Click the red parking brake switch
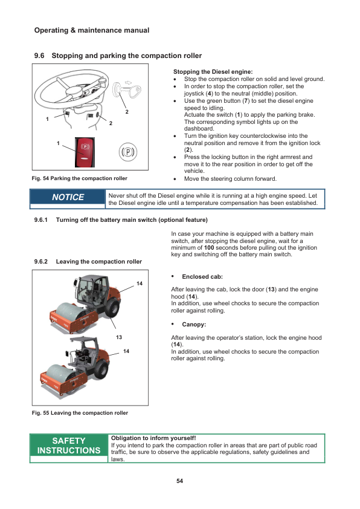[x=85, y=152]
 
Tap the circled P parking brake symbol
[x=128, y=152]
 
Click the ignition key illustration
[x=127, y=90]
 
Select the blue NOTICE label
[x=68, y=197]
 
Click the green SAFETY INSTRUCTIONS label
[x=69, y=446]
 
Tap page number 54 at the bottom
[x=179, y=481]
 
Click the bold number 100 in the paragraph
[x=209, y=248]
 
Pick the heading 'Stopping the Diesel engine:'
[x=213, y=72]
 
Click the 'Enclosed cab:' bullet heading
[x=202, y=277]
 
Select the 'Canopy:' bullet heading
[x=194, y=324]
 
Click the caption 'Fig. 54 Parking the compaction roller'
[x=80, y=178]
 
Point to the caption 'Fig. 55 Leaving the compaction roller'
[x=80, y=413]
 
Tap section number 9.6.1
[x=41, y=220]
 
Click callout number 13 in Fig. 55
[x=119, y=337]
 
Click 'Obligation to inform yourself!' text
[x=153, y=438]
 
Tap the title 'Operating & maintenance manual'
[x=92, y=30]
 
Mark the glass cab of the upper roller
[x=91, y=290]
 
